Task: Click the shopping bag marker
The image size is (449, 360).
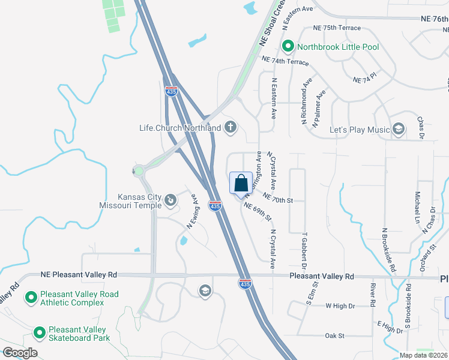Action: coord(241,183)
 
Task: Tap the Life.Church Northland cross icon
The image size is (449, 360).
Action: coord(230,127)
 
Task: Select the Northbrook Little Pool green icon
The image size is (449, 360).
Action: coord(288,46)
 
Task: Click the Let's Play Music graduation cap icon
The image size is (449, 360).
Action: coord(398,130)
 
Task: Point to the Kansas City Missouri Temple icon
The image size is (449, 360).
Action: coord(170,199)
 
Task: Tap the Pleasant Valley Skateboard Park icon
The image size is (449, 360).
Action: coord(39,332)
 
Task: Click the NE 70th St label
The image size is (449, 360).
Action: coord(276,198)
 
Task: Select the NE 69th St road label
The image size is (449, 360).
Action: coord(258,211)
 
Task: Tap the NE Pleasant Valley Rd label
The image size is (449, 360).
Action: coord(79,275)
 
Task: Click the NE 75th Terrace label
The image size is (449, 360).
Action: coord(337,28)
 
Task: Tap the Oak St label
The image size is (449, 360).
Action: coord(334,335)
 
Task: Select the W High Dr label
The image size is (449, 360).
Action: coord(340,306)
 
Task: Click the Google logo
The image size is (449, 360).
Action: coord(20,353)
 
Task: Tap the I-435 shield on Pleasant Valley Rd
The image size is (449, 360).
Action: coord(245,283)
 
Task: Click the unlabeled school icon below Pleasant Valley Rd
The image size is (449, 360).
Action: coord(205,291)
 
